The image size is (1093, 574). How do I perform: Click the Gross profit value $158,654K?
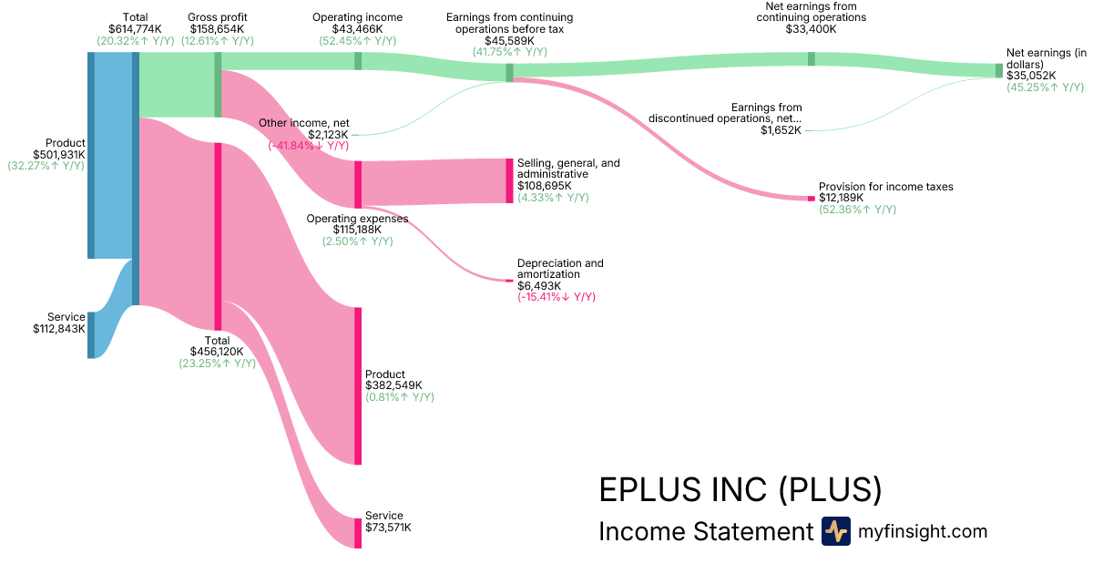pos(218,29)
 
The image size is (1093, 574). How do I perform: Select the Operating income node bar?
pos(358,61)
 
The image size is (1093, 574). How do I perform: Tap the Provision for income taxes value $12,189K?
pos(841,198)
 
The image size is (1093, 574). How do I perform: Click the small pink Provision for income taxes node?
pos(812,198)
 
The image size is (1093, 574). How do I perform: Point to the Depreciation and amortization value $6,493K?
pos(539,286)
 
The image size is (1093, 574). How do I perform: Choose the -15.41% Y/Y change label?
pos(557,298)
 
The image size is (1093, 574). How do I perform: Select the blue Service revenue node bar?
pos(91,334)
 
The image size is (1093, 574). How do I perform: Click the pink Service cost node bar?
pos(358,532)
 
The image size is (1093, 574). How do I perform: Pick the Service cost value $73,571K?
pos(388,528)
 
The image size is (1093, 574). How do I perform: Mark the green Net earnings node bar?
pos(998,70)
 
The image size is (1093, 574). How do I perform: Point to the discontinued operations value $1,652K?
pos(781,130)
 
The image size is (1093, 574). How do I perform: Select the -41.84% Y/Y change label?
pos(308,147)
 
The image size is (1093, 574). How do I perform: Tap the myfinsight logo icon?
pos(835,531)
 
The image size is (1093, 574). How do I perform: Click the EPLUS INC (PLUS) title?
pos(740,490)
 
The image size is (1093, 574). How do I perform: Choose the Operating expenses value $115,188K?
pos(357,230)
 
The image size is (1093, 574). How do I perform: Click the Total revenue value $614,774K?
pos(135,29)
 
